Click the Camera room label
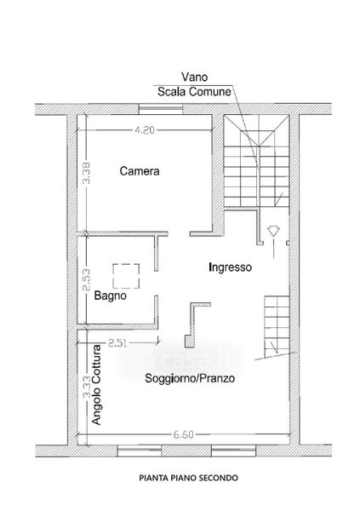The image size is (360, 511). click(140, 171)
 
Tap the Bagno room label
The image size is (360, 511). click(110, 296)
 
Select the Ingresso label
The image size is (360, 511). click(230, 267)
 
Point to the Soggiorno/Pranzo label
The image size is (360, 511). click(190, 378)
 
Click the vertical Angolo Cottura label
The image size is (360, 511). click(96, 385)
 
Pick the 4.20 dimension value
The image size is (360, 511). click(145, 130)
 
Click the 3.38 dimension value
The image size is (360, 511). click(86, 174)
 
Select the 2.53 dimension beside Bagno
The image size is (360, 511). click(86, 279)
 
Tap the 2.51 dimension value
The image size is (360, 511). click(117, 343)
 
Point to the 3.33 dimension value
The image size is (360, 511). click(86, 388)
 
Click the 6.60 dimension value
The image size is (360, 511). click(183, 434)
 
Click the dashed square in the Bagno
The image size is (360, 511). click(126, 276)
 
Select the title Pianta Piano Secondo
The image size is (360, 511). click(189, 478)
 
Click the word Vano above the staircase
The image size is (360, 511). click(194, 78)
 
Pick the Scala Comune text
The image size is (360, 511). click(194, 92)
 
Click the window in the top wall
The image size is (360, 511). click(160, 109)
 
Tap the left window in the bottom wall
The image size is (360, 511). click(140, 451)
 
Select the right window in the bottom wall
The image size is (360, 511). click(233, 451)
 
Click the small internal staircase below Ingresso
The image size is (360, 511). click(277, 327)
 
